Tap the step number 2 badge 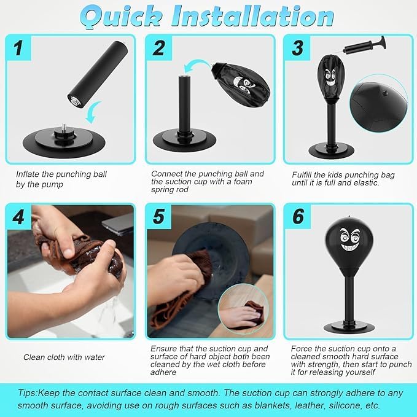pyautogui.click(x=159, y=47)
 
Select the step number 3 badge pyautogui.click(x=298, y=47)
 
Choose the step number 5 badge pyautogui.click(x=159, y=217)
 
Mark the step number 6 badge pyautogui.click(x=298, y=217)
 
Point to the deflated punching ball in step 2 pyautogui.click(x=242, y=85)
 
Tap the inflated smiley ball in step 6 pyautogui.click(x=348, y=251)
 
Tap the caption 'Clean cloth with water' pyautogui.click(x=64, y=357)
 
